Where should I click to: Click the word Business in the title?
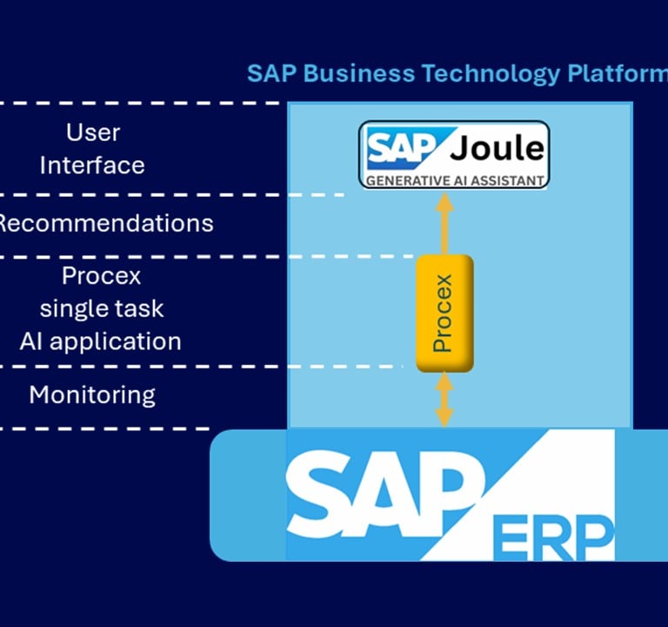(358, 73)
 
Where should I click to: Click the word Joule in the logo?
(498, 147)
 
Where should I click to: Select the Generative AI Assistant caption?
(455, 181)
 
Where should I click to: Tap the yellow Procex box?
(444, 313)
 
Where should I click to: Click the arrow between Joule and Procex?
(444, 224)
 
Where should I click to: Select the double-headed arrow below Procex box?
(444, 400)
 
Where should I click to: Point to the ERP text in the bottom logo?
(553, 538)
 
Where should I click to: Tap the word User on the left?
(93, 132)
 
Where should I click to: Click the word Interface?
(92, 165)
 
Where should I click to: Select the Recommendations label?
(104, 224)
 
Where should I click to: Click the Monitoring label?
(92, 395)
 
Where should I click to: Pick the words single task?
(102, 308)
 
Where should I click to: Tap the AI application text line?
(101, 342)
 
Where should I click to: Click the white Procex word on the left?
(102, 276)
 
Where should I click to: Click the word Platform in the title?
(618, 73)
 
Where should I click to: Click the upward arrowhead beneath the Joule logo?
(444, 201)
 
